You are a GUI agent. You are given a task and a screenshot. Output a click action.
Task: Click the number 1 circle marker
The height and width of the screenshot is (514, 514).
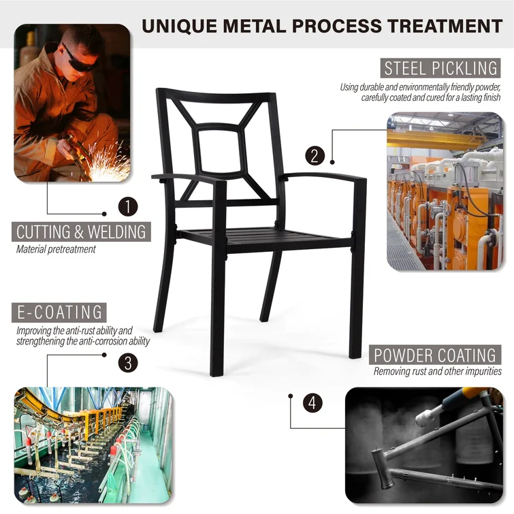click(x=128, y=206)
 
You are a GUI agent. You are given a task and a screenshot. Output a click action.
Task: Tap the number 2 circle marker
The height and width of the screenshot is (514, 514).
click(x=315, y=156)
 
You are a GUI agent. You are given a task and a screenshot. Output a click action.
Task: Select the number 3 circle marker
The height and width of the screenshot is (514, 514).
click(x=128, y=363)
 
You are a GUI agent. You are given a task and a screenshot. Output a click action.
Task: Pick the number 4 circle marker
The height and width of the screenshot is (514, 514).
click(x=312, y=403)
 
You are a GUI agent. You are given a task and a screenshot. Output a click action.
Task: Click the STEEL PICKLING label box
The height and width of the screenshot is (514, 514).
click(x=440, y=68)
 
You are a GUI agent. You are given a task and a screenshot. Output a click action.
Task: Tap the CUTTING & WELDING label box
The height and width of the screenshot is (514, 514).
click(x=81, y=231)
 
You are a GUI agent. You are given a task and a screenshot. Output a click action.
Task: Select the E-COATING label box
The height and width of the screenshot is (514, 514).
click(x=59, y=312)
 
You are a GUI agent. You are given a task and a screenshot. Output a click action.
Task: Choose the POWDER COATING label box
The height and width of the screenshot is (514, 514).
click(x=435, y=355)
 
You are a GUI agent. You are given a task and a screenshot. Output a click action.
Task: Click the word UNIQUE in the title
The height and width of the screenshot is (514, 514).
click(x=179, y=26)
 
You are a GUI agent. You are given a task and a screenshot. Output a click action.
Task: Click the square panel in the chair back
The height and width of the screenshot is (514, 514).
click(x=221, y=150)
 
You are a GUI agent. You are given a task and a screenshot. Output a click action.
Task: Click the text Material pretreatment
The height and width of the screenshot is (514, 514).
click(x=56, y=249)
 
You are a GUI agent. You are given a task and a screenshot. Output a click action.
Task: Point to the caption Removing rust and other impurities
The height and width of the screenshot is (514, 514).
click(x=437, y=372)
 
